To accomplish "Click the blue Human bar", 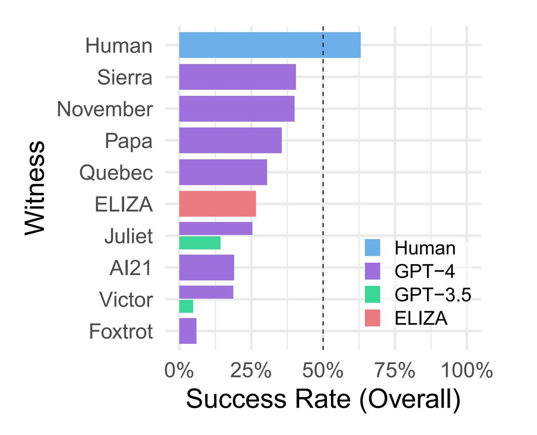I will (270, 45).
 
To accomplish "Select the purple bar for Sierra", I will (237, 77).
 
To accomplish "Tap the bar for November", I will (237, 109).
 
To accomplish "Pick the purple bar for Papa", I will (230, 141).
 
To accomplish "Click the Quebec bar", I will (223, 172).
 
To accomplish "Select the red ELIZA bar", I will (217, 204).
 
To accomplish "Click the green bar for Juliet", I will (200, 243).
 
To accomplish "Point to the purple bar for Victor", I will (206, 292).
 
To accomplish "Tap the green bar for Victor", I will (186, 307).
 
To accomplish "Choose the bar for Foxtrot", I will (188, 331).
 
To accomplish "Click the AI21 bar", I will (206, 268).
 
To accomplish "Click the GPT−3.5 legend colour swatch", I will (372, 294).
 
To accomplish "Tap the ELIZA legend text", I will (421, 318).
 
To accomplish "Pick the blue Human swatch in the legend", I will (372, 247).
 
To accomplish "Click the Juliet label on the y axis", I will (128, 236).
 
